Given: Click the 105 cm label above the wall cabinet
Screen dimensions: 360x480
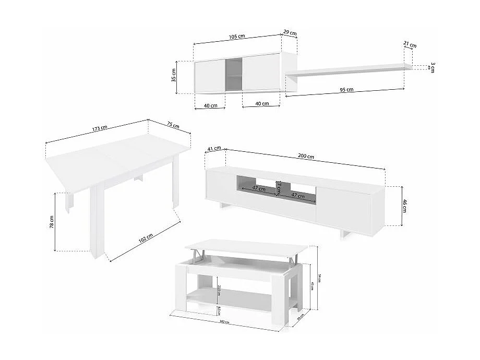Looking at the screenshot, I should (x=236, y=37).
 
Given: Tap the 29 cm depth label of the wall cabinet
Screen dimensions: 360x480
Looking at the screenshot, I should (x=290, y=33).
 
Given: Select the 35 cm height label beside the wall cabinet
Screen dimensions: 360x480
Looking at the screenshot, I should (x=174, y=77).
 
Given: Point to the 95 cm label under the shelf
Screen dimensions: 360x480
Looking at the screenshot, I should (x=346, y=90).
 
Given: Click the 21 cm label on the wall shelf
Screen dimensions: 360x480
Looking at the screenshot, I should (x=410, y=45).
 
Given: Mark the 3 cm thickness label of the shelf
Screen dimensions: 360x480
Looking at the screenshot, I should (x=433, y=67).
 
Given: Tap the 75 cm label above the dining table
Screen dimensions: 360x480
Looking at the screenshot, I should (x=173, y=125).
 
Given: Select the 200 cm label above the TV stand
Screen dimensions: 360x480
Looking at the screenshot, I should (x=306, y=155).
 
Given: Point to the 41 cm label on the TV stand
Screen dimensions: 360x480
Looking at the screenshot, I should (x=214, y=149).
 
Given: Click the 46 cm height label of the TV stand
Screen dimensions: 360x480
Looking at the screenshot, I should (x=405, y=205).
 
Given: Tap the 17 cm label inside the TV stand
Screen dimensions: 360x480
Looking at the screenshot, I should (x=279, y=186).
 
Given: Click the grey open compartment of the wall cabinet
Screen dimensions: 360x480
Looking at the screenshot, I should (x=234, y=76).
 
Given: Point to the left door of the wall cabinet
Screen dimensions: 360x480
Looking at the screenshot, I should (x=210, y=76).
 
